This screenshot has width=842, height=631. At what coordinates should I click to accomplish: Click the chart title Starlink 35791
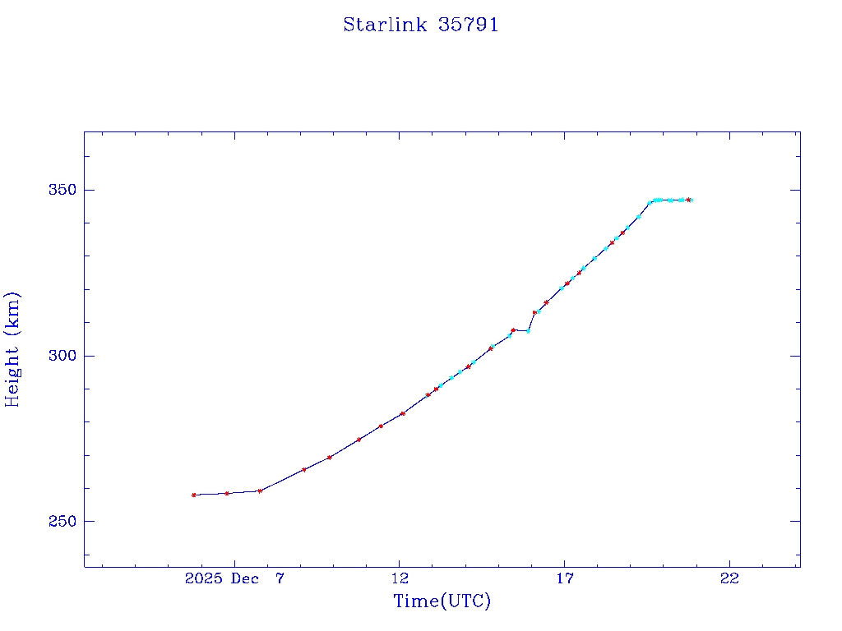[421, 25]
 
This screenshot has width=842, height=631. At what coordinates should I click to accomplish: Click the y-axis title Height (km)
[12, 348]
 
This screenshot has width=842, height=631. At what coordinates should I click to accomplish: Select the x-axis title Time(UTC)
[442, 601]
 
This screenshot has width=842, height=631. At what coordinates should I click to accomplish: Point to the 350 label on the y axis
[63, 190]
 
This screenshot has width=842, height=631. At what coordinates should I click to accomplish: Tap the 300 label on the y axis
[63, 356]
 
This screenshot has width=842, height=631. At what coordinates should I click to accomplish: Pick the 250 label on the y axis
[63, 522]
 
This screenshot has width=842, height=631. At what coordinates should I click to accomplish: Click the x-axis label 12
[400, 578]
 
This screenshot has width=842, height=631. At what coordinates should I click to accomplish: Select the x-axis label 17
[565, 578]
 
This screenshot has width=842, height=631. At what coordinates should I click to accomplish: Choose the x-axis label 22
[729, 578]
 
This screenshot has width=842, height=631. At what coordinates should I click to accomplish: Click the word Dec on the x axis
[245, 578]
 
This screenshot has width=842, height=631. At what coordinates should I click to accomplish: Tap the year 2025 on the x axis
[204, 578]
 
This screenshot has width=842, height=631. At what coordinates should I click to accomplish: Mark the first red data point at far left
[194, 495]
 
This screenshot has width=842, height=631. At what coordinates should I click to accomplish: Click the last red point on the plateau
[688, 200]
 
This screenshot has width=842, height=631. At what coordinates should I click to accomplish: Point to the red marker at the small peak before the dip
[513, 330]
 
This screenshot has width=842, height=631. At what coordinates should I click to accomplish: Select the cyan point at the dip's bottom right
[528, 331]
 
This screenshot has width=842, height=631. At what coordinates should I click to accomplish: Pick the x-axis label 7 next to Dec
[280, 578]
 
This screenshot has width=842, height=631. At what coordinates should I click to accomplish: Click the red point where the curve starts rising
[260, 491]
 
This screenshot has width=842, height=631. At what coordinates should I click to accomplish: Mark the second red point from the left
[227, 493]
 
